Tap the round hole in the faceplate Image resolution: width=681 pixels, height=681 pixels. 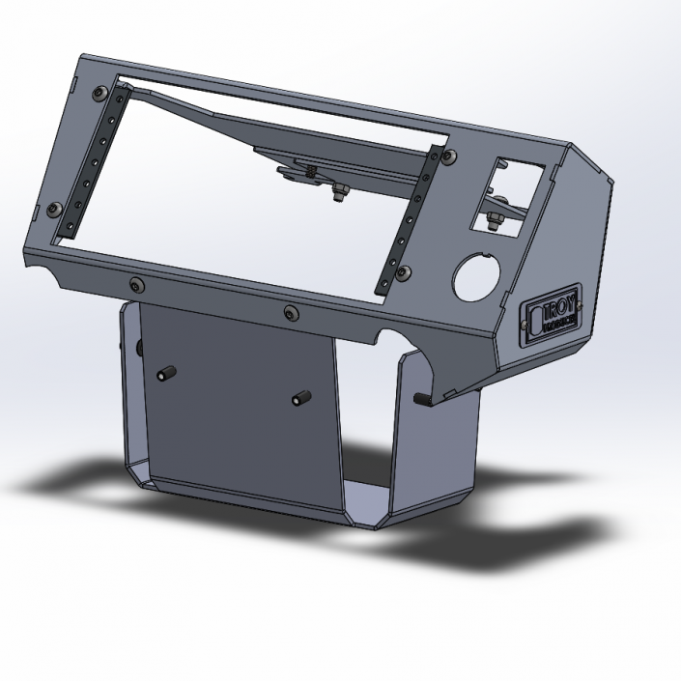(475, 276)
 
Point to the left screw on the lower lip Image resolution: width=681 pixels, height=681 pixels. (134, 283)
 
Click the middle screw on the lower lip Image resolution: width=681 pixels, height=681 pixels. (291, 312)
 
